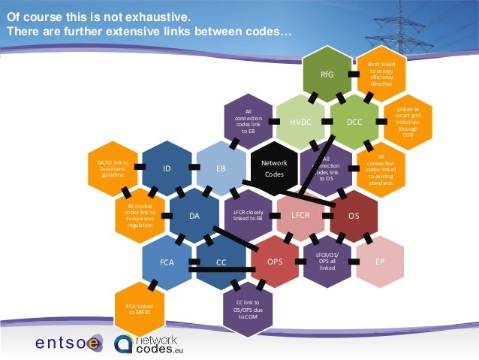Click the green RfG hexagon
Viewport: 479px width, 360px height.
(327, 76)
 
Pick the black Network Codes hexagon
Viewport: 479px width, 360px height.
(274, 168)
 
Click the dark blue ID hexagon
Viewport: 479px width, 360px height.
(167, 169)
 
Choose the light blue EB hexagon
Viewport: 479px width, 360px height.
(221, 169)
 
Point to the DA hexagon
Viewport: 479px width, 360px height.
(194, 216)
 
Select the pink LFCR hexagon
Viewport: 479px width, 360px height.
(301, 216)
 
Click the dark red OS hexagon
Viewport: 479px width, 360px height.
(355, 216)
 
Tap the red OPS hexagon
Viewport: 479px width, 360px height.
(275, 262)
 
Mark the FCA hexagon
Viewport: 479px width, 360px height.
(167, 263)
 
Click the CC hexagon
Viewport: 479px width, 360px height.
(221, 263)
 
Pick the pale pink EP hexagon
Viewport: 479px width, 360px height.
(381, 262)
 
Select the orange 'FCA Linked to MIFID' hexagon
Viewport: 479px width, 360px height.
(139, 308)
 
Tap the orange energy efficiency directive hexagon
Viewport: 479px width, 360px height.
(381, 75)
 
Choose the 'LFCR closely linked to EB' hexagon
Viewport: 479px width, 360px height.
(247, 216)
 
